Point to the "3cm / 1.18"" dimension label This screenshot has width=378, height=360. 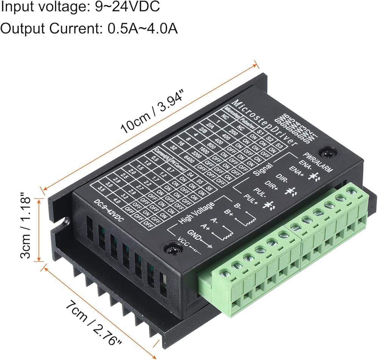click(x=26, y=227)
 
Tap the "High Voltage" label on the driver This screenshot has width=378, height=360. click(x=197, y=215)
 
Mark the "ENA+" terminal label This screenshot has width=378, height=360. click(x=297, y=172)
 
